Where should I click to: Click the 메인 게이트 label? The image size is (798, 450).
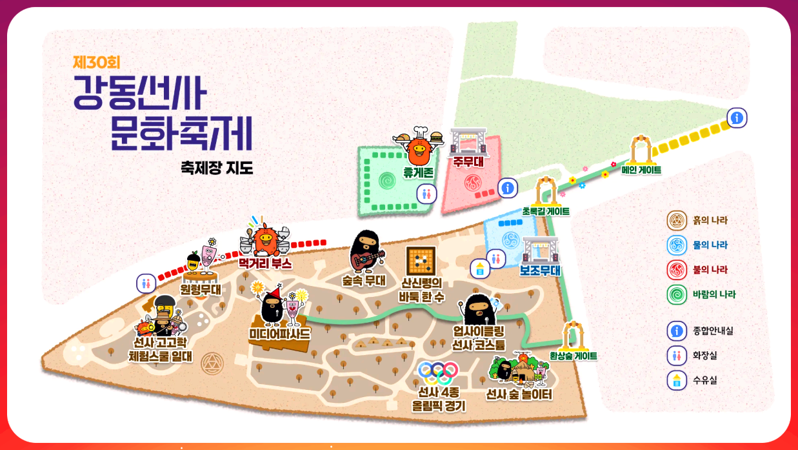coord(641,170)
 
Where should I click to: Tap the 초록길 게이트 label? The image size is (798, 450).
coord(546,211)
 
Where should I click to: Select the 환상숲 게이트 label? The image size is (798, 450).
coord(573,356)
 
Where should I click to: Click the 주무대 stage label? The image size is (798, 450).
coord(468,161)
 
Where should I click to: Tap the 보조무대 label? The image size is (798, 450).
coord(540,271)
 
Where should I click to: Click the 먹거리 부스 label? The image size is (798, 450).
coord(265,263)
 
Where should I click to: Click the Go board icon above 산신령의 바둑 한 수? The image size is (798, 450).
coord(421,261)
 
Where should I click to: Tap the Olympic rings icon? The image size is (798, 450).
coord(438,372)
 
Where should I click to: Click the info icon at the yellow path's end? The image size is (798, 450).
coord(737,118)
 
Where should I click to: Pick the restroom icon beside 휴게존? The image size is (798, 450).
coord(426,193)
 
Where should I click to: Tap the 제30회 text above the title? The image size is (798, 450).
coord(97,63)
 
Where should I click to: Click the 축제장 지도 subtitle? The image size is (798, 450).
coord(217,169)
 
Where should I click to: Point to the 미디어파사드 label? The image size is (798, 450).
coord(279,334)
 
